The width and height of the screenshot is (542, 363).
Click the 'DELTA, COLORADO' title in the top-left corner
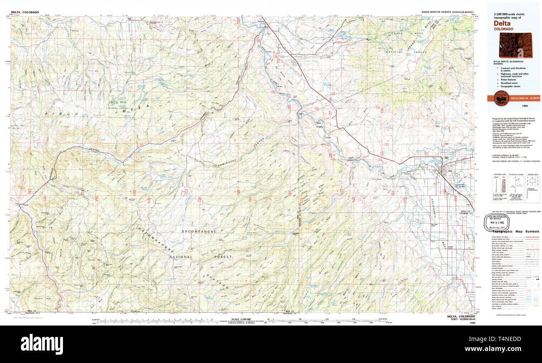click(25, 12)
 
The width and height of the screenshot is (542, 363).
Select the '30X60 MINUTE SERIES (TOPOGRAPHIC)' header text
click(447, 12)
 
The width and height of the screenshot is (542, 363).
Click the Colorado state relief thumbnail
click(516, 45)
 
